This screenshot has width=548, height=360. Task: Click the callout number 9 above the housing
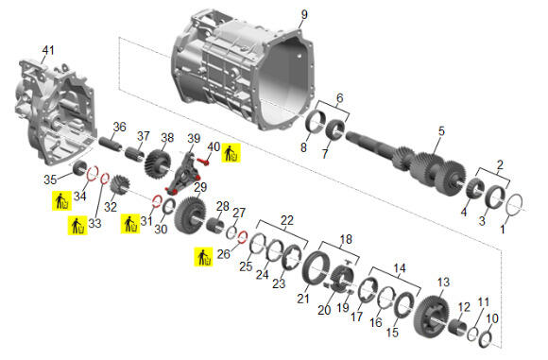click(304, 15)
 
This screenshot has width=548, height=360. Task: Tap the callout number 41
click(48, 50)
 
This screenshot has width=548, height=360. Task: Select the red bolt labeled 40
click(203, 162)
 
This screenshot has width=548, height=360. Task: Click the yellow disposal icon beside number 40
click(231, 153)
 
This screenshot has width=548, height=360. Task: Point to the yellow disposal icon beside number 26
click(203, 257)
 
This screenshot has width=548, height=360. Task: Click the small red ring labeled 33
click(102, 179)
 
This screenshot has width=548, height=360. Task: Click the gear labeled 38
click(158, 163)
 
